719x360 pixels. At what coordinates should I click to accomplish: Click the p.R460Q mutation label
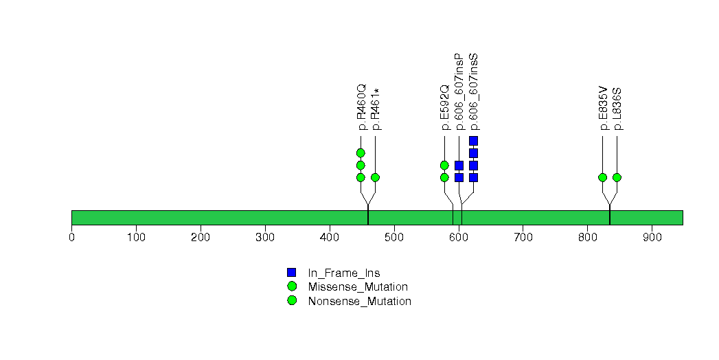pyautogui.click(x=362, y=107)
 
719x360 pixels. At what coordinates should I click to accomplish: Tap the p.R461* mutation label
pyautogui.click(x=376, y=110)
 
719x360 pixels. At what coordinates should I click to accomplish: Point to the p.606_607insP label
pyautogui.click(x=460, y=92)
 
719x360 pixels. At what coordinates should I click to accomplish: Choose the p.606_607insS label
pyautogui.click(x=474, y=92)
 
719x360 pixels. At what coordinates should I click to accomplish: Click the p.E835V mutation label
pyautogui.click(x=604, y=108)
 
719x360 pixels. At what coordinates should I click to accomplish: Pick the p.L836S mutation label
pyautogui.click(x=617, y=109)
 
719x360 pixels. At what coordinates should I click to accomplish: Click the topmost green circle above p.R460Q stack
pyautogui.click(x=361, y=153)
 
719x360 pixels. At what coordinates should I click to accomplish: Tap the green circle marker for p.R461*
pyautogui.click(x=375, y=177)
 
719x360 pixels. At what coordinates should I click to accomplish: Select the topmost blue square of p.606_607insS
pyautogui.click(x=474, y=141)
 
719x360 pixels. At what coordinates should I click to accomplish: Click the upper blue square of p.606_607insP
pyautogui.click(x=459, y=165)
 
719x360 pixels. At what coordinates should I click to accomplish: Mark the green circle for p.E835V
pyautogui.click(x=602, y=177)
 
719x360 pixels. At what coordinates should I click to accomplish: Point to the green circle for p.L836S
pyautogui.click(x=617, y=177)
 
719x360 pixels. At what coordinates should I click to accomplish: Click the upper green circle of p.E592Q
pyautogui.click(x=444, y=165)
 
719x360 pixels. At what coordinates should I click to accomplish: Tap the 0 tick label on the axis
pyautogui.click(x=71, y=237)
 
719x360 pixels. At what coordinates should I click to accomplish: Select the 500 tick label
pyautogui.click(x=394, y=237)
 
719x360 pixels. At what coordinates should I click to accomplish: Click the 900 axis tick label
pyautogui.click(x=652, y=237)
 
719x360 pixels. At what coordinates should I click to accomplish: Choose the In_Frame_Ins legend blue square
pyautogui.click(x=292, y=273)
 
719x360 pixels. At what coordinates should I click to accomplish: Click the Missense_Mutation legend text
pyautogui.click(x=358, y=287)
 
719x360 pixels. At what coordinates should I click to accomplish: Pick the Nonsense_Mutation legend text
pyautogui.click(x=360, y=302)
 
